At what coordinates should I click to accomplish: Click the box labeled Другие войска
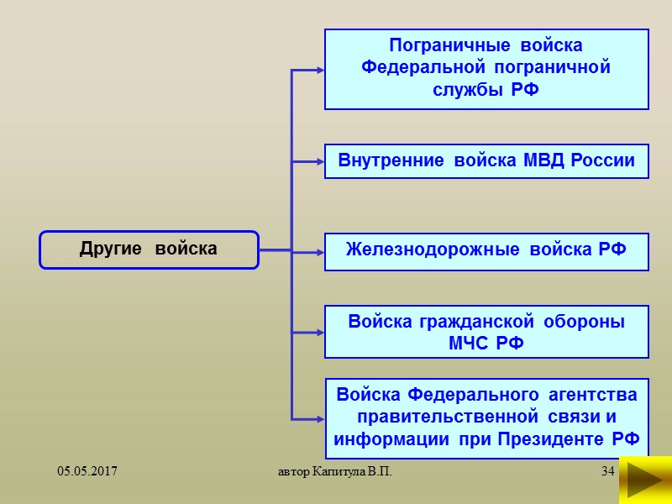149,249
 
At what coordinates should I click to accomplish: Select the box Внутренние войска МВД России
486,160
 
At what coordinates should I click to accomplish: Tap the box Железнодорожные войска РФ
486,250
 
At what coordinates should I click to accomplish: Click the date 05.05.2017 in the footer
87,474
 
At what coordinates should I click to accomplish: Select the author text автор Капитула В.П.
335,474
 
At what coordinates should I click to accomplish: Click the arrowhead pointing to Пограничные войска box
319,70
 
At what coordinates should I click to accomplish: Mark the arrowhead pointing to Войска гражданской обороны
319,330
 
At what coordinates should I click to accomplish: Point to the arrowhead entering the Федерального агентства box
319,417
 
